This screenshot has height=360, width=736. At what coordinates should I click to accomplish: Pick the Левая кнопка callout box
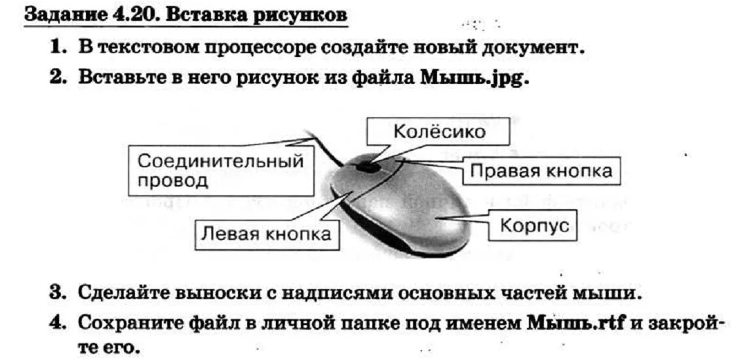click(265, 233)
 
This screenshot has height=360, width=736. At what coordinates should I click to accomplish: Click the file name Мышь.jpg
click(474, 77)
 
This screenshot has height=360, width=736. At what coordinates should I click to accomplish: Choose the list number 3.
click(58, 292)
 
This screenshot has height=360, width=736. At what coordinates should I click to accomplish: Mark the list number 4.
click(58, 323)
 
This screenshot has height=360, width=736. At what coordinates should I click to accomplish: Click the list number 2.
click(58, 77)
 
